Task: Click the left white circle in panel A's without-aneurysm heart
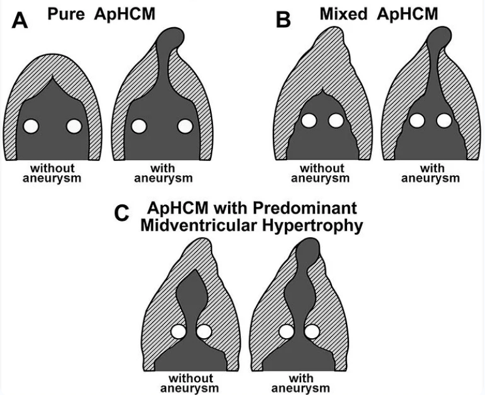(31, 126)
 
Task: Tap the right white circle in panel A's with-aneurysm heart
(184, 126)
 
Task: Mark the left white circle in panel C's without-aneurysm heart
(178, 331)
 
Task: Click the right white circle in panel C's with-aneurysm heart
(312, 331)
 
